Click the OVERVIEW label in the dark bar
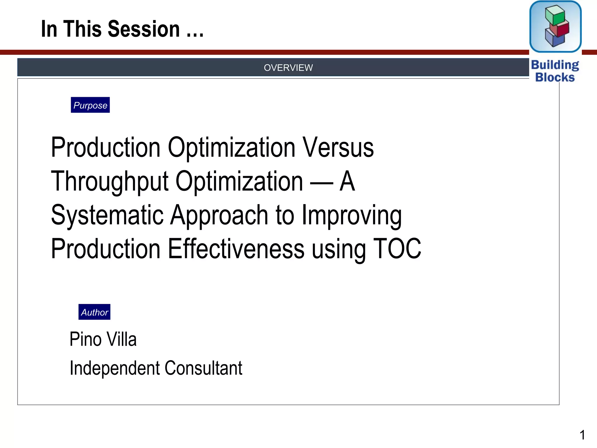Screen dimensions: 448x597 (288, 68)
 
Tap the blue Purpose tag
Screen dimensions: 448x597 (90, 105)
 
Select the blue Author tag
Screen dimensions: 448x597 (94, 312)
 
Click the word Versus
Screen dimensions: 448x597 (338, 148)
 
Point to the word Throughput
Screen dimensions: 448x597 (110, 181)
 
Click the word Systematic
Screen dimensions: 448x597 (107, 215)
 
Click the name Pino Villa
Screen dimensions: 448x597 (103, 339)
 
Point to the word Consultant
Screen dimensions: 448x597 (203, 368)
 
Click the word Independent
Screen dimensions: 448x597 (115, 368)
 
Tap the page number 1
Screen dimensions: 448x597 (582, 435)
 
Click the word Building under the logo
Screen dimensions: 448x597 (555, 65)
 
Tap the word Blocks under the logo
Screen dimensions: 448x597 (555, 78)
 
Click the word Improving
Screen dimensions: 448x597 (352, 215)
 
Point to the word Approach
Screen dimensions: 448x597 (219, 215)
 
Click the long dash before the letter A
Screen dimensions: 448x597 (321, 183)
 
